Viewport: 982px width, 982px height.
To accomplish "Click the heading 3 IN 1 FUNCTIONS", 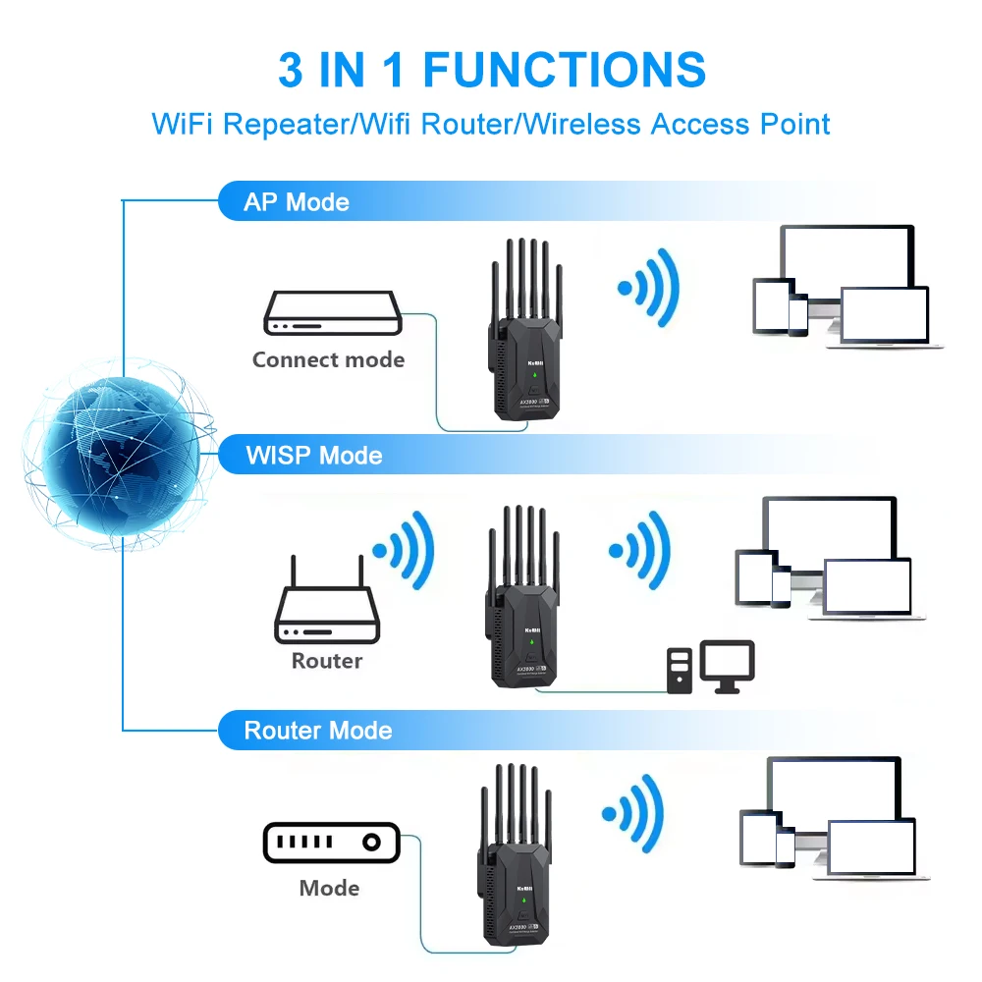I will coord(491,71).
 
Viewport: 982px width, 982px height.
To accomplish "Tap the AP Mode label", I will coord(296,202).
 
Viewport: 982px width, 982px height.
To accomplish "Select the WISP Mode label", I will coord(313,456).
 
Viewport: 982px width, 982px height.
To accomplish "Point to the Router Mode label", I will coord(317,731).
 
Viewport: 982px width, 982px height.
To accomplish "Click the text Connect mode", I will coord(328,359).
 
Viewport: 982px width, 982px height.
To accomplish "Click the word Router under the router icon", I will coord(327,661).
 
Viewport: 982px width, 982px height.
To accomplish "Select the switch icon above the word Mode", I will coord(331,843).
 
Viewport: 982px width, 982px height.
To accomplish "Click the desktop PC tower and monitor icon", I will coord(711,668).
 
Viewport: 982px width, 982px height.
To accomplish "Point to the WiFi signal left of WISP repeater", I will coord(403,550).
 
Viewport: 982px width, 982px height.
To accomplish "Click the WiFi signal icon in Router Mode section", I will coord(634,812).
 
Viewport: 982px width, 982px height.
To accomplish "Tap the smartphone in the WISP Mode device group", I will coord(781,586).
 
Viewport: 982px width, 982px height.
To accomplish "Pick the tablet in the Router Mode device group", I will coord(758,838).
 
